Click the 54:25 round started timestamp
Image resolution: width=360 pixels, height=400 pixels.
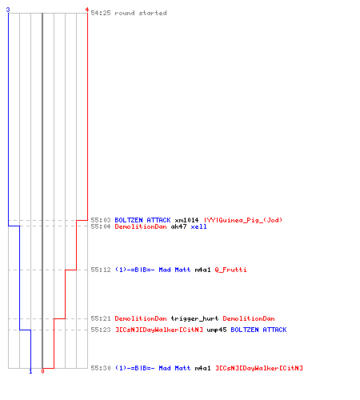click(x=101, y=13)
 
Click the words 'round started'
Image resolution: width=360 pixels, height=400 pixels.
click(x=141, y=13)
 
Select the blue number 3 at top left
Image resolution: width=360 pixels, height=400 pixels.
click(x=8, y=10)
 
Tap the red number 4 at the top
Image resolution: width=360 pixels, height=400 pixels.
click(x=87, y=10)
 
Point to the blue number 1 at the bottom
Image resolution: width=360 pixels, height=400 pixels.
click(x=30, y=371)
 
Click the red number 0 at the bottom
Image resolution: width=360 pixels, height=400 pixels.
click(x=42, y=371)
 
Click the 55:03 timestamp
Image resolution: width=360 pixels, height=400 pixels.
click(x=101, y=220)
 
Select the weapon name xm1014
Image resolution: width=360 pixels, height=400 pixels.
click(x=186, y=220)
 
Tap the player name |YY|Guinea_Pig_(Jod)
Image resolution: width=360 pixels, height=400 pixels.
click(x=243, y=220)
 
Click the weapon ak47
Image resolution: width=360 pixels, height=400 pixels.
click(x=178, y=226)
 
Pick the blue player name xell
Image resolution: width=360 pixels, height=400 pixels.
click(x=198, y=226)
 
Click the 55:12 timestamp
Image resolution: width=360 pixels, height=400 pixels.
click(x=101, y=270)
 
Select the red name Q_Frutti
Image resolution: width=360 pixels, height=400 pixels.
click(x=230, y=270)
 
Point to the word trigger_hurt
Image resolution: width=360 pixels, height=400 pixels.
click(x=194, y=318)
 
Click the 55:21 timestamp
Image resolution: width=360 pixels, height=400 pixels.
click(x=101, y=318)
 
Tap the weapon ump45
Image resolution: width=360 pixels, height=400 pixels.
click(x=217, y=330)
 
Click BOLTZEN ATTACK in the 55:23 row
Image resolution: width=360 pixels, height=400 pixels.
click(x=258, y=330)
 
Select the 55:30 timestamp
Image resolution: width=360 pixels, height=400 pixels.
click(x=101, y=368)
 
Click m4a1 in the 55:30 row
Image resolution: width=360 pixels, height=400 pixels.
click(x=202, y=368)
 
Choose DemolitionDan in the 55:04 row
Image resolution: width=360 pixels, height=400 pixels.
click(x=141, y=226)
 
